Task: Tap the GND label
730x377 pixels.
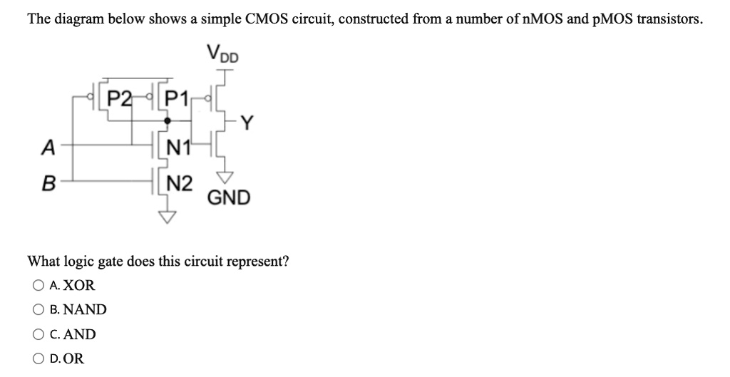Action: click(x=229, y=197)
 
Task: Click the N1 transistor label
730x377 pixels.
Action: click(x=175, y=148)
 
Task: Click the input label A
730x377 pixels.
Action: click(x=48, y=147)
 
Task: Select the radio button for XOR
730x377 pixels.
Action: click(x=37, y=286)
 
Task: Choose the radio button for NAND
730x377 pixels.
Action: click(x=37, y=309)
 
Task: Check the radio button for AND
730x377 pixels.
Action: click(x=37, y=334)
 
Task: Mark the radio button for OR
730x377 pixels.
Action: click(x=37, y=358)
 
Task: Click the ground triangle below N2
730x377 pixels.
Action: click(x=165, y=218)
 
